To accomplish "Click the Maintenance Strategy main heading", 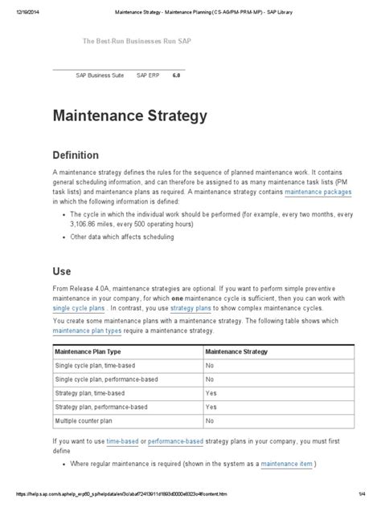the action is point(130,116).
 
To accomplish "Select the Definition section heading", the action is point(82,154).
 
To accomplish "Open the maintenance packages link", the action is point(318,193).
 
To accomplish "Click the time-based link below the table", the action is point(126,441).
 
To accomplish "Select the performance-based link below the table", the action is point(184,441).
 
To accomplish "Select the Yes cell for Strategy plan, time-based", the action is point(211,393).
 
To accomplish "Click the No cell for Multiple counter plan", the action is point(211,420).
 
